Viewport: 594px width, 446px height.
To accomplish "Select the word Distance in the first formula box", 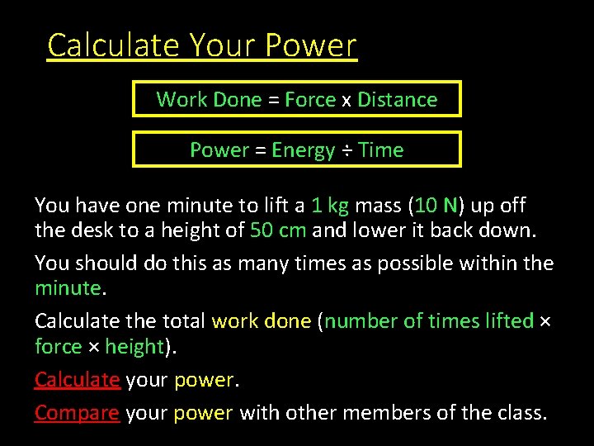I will [397, 100].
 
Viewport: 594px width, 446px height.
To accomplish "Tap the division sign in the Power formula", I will [347, 150].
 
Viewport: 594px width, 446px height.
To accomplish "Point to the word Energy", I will [303, 150].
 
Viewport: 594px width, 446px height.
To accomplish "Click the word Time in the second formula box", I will [381, 150].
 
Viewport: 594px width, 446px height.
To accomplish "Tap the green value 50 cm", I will [277, 230].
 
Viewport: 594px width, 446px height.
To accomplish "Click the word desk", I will [88, 230].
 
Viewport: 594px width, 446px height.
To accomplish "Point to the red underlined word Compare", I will [77, 412].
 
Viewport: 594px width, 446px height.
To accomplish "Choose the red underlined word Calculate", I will [78, 380].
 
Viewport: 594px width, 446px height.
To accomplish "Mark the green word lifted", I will [507, 320].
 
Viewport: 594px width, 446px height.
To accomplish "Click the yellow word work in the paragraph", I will [235, 320].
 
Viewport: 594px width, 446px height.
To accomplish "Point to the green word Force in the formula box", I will [310, 100].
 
